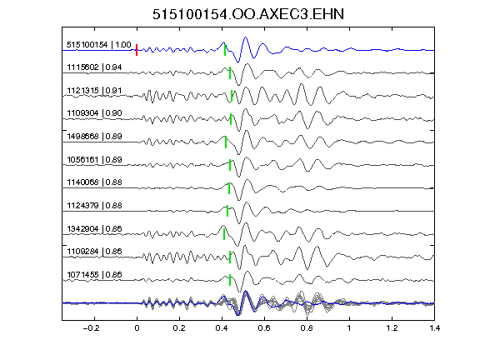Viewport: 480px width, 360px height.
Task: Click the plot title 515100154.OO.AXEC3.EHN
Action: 248,14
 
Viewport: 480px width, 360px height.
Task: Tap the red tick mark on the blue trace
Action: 137,50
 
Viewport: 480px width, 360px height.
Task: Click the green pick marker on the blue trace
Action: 225,50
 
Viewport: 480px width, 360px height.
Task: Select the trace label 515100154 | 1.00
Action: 99,45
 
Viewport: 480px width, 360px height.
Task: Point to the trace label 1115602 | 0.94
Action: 94,67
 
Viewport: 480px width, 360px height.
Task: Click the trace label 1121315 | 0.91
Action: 94,91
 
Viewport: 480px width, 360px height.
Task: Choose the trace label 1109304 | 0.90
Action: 94,113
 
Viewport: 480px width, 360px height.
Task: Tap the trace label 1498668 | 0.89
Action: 94,136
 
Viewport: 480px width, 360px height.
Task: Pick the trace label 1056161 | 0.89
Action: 94,159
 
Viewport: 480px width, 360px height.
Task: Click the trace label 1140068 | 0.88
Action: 94,182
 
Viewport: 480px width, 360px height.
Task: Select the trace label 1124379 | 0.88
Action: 94,205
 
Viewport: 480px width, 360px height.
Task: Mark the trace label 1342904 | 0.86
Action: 94,228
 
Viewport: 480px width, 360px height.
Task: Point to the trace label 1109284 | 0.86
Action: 94,252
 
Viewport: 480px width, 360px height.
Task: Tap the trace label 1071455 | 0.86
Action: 94,275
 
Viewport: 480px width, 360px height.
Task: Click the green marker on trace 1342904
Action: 224,234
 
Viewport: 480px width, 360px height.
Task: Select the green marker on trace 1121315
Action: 232,96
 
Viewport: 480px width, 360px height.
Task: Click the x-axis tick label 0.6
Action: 264,328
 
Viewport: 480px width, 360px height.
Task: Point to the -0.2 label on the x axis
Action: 91,328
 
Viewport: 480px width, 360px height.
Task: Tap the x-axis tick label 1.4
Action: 434,328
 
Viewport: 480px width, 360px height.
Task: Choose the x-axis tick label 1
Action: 349,328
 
